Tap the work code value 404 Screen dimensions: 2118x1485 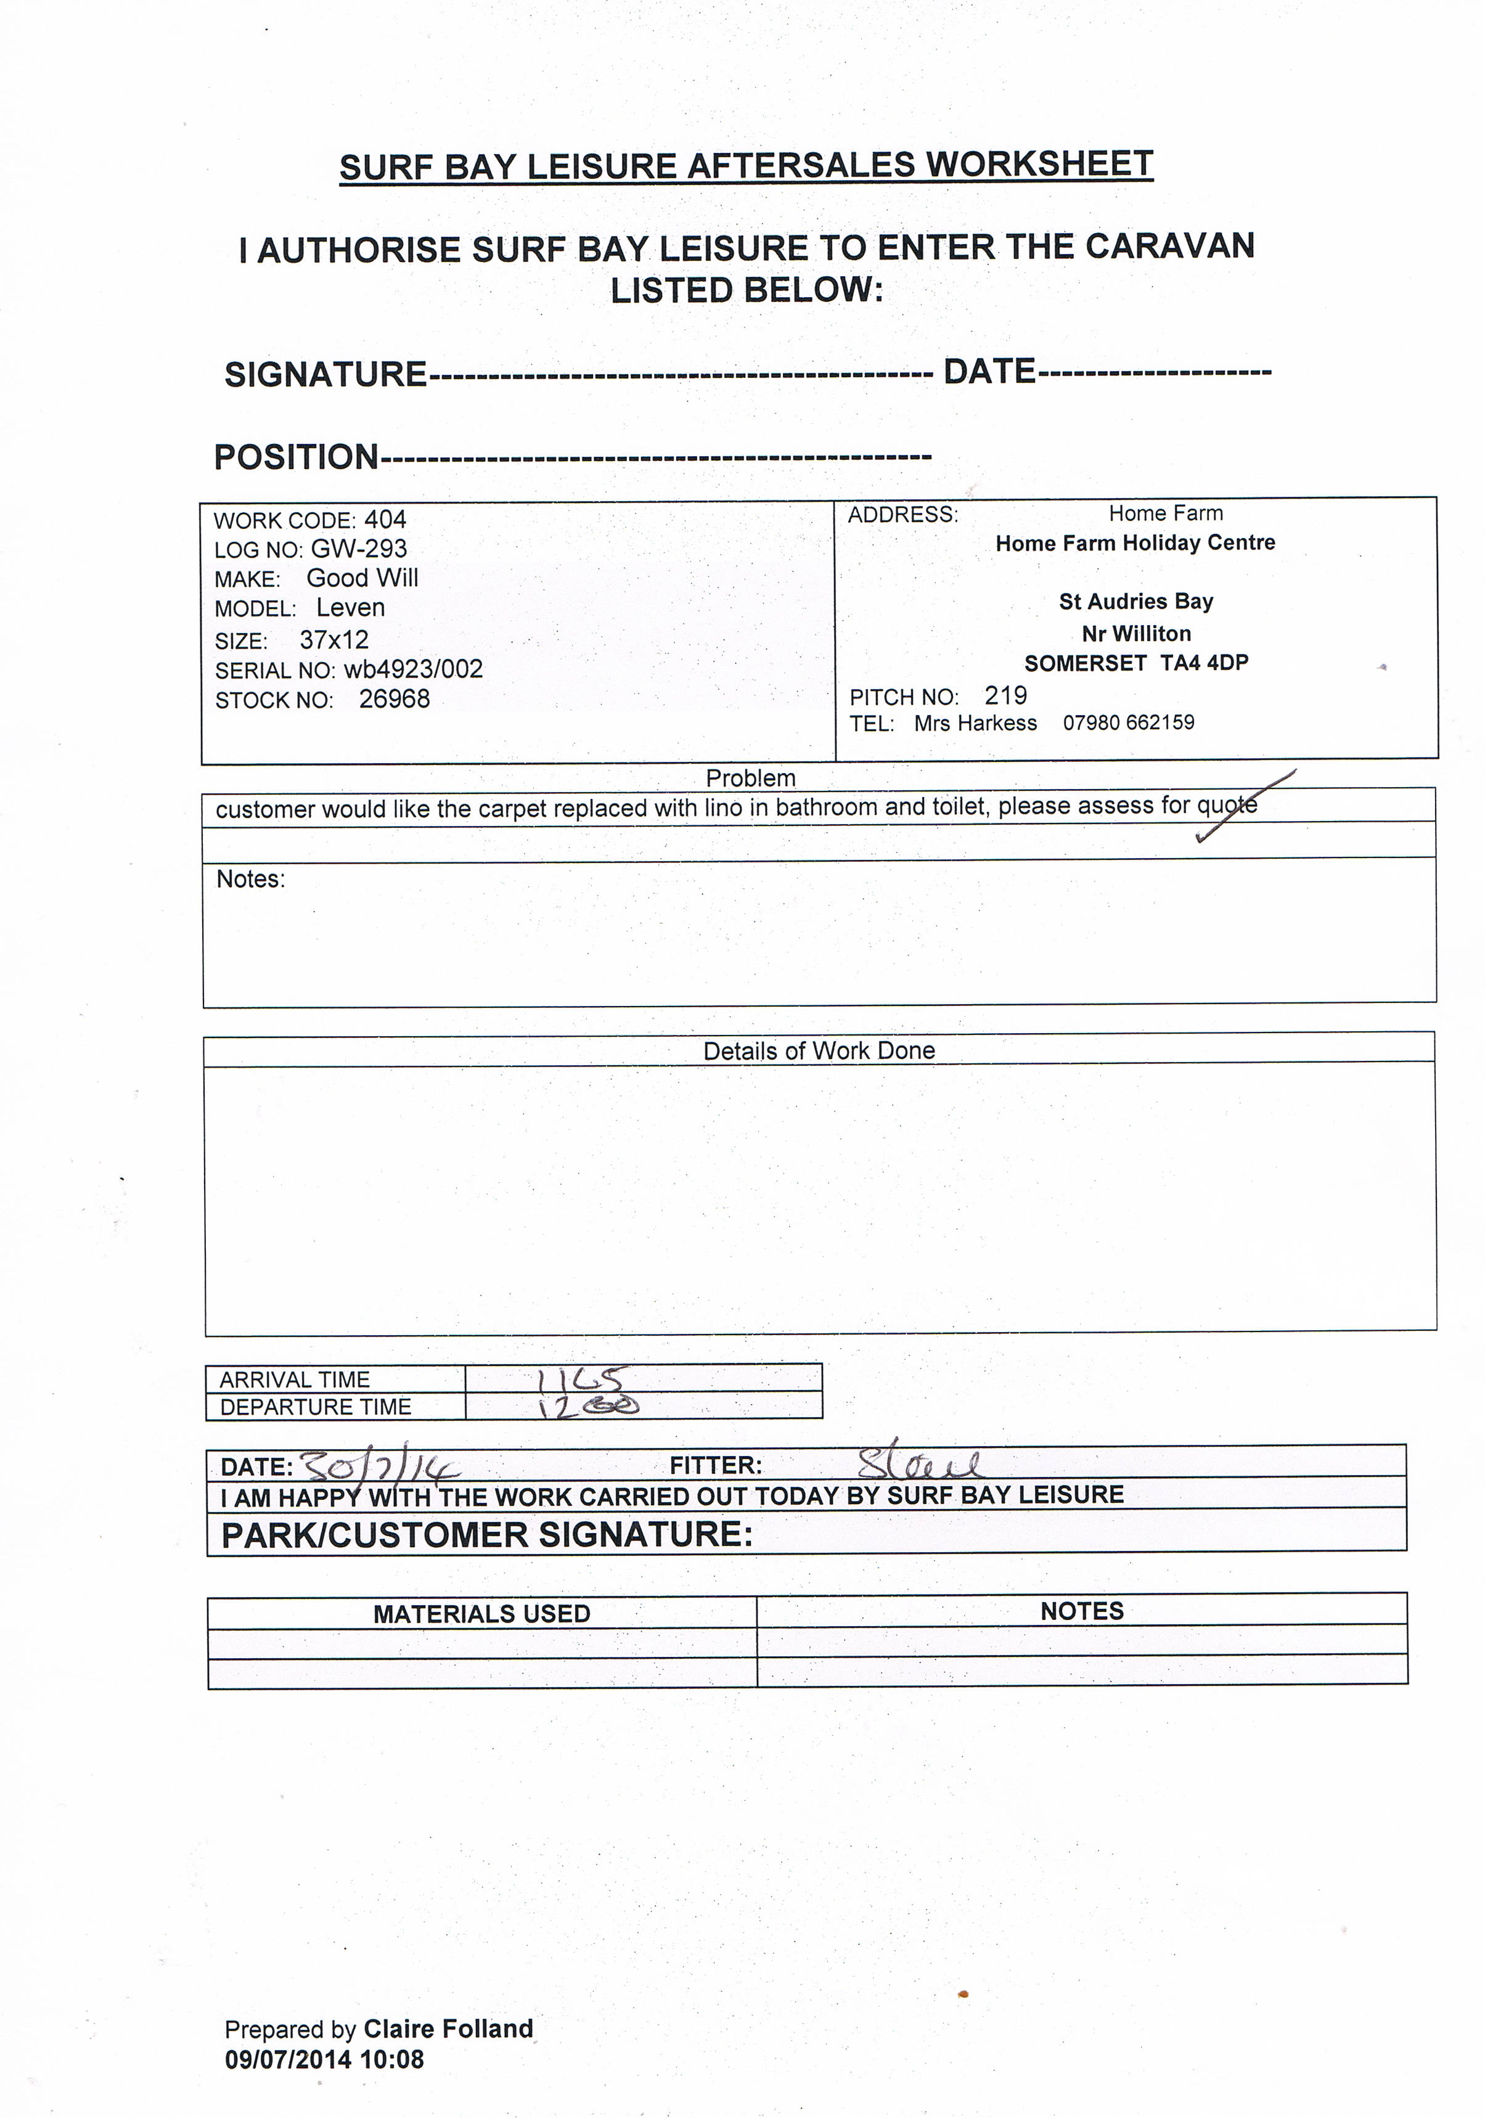pos(385,520)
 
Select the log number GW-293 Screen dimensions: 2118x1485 pos(359,549)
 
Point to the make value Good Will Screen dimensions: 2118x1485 pos(362,578)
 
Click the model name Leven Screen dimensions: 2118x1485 pos(351,608)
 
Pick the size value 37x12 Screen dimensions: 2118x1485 pos(334,639)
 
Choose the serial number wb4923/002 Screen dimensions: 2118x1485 pos(413,669)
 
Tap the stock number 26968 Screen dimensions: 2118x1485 pos(394,699)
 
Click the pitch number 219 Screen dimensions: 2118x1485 pos(1005,695)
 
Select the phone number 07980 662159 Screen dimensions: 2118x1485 pos(1128,722)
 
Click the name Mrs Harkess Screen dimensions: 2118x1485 pos(975,723)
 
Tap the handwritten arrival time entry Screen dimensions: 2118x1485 pos(582,1378)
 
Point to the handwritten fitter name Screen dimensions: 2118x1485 pos(918,1462)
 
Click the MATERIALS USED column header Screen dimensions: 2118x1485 pos(481,1613)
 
